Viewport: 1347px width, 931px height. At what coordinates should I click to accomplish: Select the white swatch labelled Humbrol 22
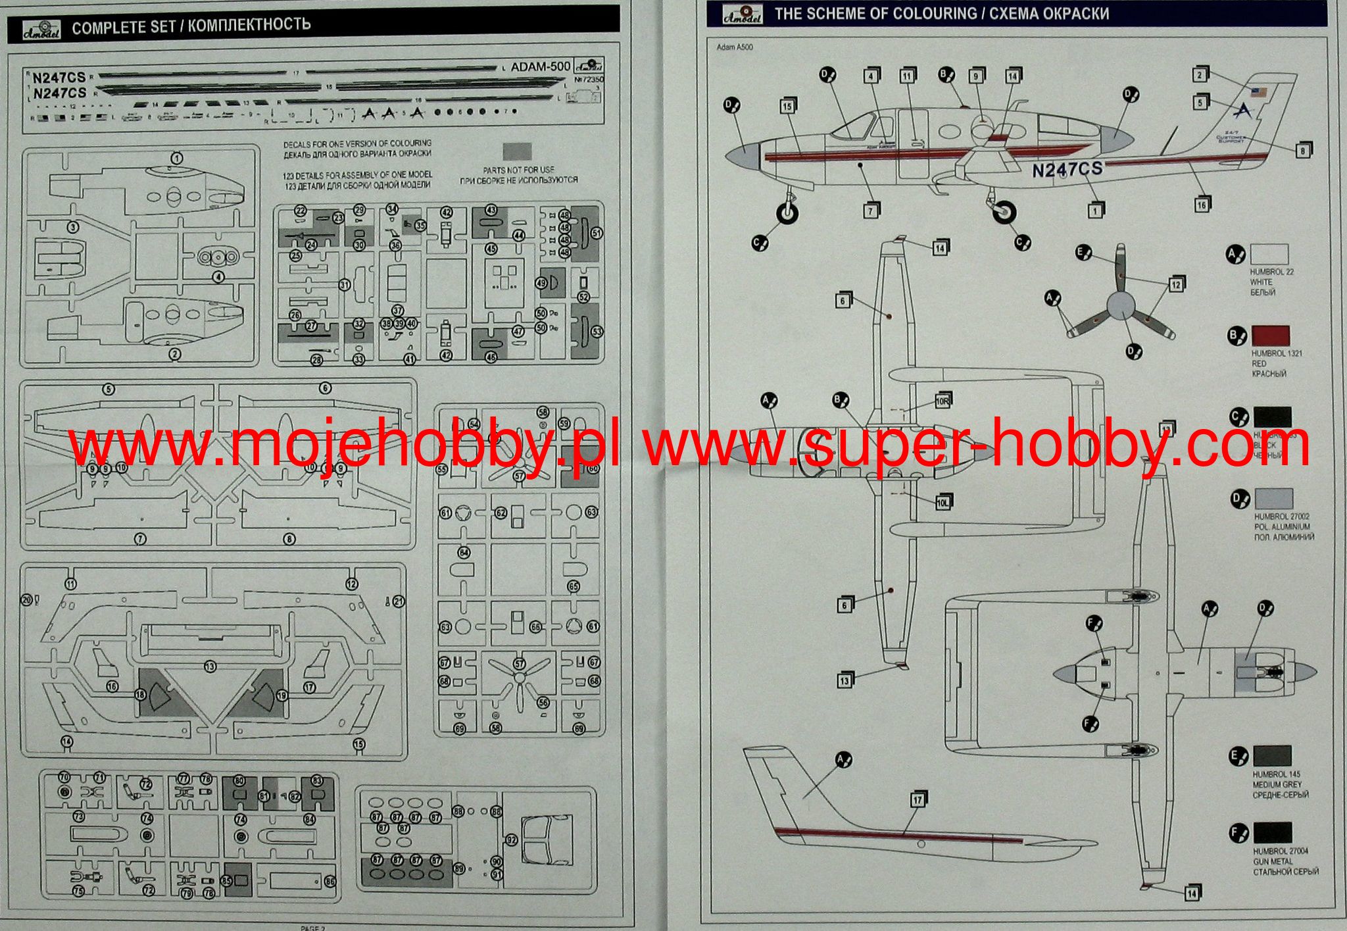click(x=1269, y=255)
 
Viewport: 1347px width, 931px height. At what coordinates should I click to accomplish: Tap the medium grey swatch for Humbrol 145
click(x=1272, y=756)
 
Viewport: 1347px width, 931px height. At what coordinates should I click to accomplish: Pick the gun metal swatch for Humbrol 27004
click(x=1272, y=833)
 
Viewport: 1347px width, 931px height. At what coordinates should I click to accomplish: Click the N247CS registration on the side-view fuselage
click(x=1067, y=169)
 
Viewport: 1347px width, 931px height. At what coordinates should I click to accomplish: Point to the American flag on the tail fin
click(x=1259, y=92)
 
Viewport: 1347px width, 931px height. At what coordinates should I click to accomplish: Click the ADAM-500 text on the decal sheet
click(x=541, y=66)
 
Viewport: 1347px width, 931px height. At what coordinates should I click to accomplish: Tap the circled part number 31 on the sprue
click(x=345, y=285)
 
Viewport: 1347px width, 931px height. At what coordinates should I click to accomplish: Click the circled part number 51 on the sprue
click(x=597, y=233)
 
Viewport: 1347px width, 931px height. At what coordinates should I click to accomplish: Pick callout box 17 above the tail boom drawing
click(x=918, y=799)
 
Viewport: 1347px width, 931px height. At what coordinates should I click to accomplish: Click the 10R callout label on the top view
click(x=942, y=401)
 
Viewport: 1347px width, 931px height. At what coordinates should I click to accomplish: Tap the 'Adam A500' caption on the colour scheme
click(x=735, y=47)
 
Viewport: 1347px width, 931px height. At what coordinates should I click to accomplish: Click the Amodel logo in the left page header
click(x=41, y=29)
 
